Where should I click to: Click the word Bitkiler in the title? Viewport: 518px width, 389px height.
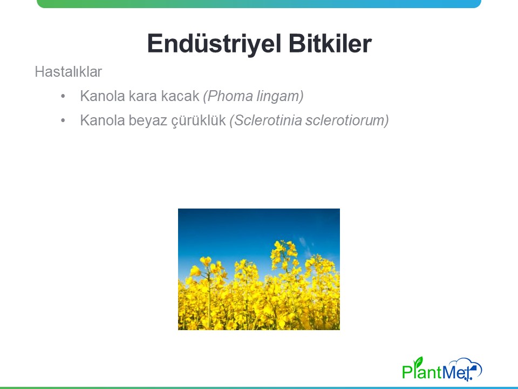click(x=330, y=43)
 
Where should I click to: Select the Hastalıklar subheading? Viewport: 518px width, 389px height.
click(x=69, y=72)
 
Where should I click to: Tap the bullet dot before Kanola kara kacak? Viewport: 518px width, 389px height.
click(x=63, y=96)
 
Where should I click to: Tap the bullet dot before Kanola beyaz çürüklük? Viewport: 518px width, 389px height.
click(x=63, y=120)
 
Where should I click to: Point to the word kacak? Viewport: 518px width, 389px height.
click(x=180, y=96)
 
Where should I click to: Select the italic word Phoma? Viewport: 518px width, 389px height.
click(x=228, y=96)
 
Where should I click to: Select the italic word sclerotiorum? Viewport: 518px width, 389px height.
click(x=347, y=120)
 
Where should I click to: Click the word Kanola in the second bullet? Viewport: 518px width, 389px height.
click(x=103, y=120)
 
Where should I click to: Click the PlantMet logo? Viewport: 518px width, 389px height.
click(x=442, y=369)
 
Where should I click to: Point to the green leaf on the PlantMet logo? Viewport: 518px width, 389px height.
click(x=419, y=361)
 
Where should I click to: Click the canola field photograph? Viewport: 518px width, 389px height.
click(x=259, y=269)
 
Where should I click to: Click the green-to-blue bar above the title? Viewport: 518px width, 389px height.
click(x=259, y=4)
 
